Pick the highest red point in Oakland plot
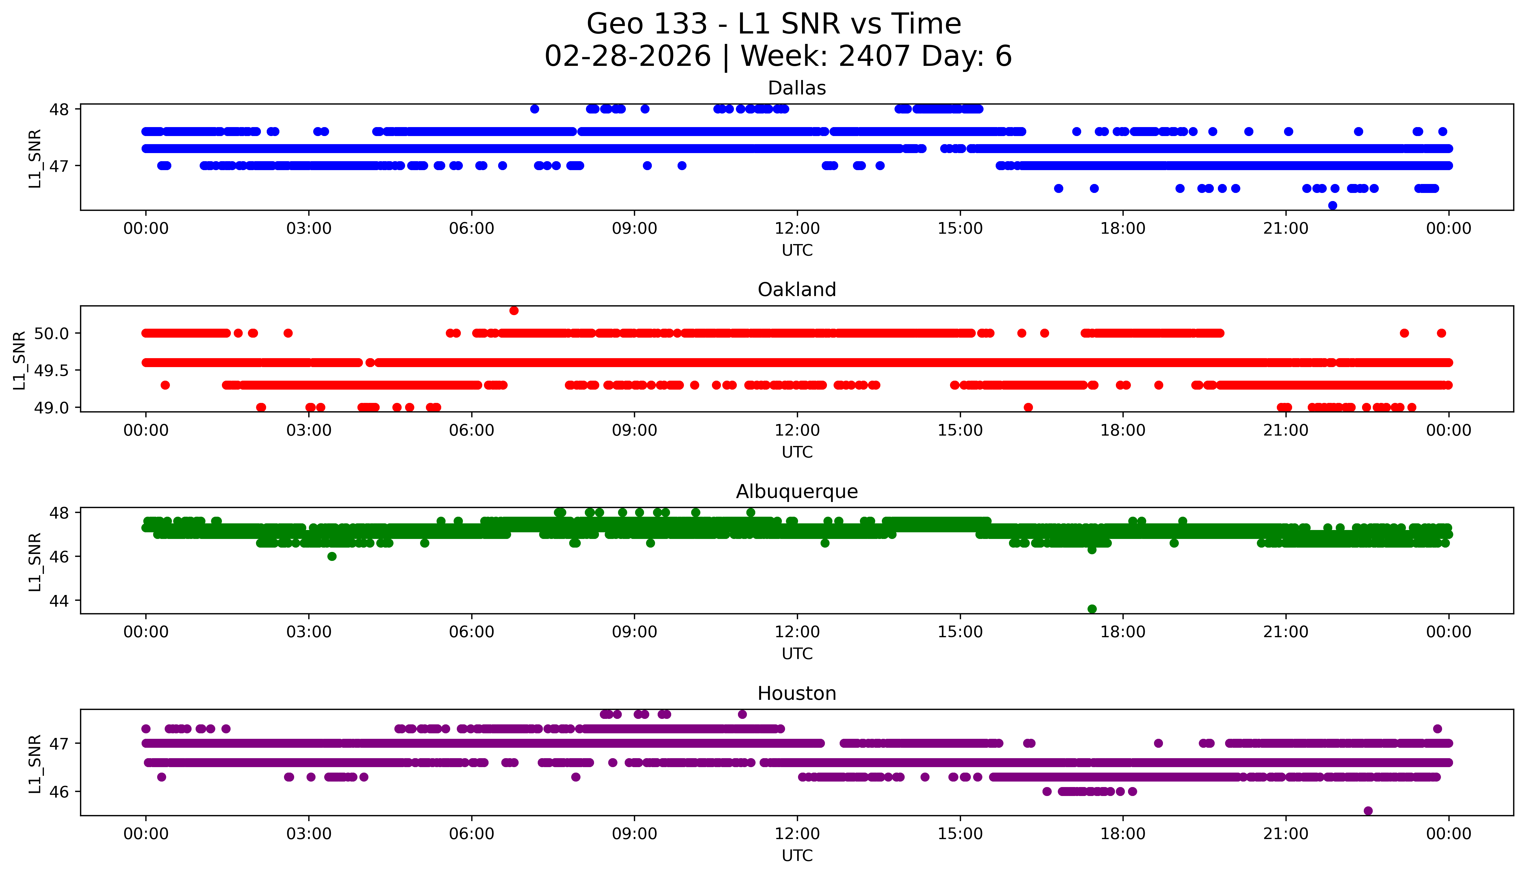click(x=513, y=310)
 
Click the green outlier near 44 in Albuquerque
click(x=1092, y=609)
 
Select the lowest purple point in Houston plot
click(x=1368, y=811)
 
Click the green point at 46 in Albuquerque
click(x=332, y=557)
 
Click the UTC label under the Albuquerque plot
click(x=797, y=654)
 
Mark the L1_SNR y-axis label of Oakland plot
click(x=19, y=360)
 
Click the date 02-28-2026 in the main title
click(x=628, y=57)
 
